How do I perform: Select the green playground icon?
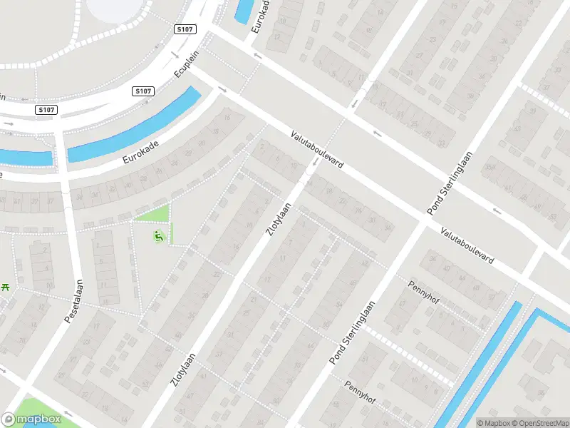pyautogui.click(x=159, y=236)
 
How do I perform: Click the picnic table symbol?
pyautogui.click(x=6, y=286)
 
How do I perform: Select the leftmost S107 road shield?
pyautogui.click(x=46, y=110)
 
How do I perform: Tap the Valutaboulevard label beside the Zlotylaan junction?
pyautogui.click(x=317, y=149)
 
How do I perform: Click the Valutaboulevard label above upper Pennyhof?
pyautogui.click(x=467, y=247)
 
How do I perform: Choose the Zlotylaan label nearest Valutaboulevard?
pyautogui.click(x=279, y=220)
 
